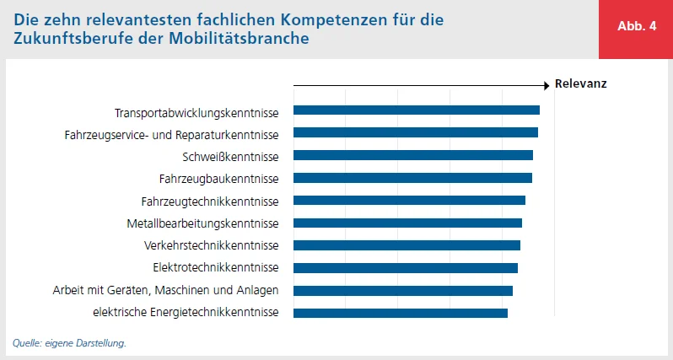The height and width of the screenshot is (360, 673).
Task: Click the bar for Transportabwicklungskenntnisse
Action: click(x=417, y=110)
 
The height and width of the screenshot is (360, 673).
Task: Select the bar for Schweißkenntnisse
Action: click(x=413, y=155)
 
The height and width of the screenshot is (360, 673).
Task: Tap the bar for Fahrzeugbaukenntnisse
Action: click(x=412, y=178)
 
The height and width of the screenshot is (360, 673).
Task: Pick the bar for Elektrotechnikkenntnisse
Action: click(x=406, y=268)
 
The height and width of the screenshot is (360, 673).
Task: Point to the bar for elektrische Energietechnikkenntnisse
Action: click(x=401, y=313)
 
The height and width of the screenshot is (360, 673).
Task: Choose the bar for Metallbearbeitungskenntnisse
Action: click(x=407, y=223)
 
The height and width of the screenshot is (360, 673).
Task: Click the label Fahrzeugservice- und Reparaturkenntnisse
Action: click(x=171, y=134)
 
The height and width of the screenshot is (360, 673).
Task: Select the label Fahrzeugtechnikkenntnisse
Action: click(x=210, y=201)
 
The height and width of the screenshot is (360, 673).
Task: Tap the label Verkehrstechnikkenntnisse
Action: click(x=212, y=246)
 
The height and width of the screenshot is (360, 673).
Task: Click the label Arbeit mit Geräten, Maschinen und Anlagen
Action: click(x=165, y=291)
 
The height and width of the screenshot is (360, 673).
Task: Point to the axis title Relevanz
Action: click(x=580, y=84)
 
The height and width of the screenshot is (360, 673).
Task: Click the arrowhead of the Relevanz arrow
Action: click(x=546, y=84)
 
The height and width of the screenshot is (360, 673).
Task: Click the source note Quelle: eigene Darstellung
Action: click(x=69, y=343)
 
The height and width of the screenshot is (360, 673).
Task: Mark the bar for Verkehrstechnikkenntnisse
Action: click(x=406, y=245)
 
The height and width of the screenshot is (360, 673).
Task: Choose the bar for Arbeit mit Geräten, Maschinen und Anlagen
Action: click(x=403, y=291)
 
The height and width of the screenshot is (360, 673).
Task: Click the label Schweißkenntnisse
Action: click(x=230, y=157)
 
